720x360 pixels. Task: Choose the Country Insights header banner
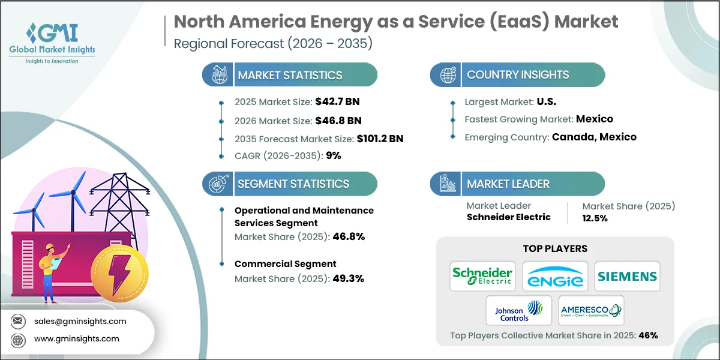click(x=517, y=75)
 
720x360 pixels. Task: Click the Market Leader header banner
click(x=517, y=184)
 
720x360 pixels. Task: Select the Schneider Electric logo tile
click(x=482, y=276)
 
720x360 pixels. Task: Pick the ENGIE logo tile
click(x=555, y=276)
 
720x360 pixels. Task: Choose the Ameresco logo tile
click(x=591, y=310)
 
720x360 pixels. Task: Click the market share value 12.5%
click(x=595, y=218)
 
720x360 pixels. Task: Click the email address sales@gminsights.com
click(x=80, y=321)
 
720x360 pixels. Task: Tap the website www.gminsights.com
click(x=76, y=338)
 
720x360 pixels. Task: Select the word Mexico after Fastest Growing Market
click(x=594, y=119)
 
